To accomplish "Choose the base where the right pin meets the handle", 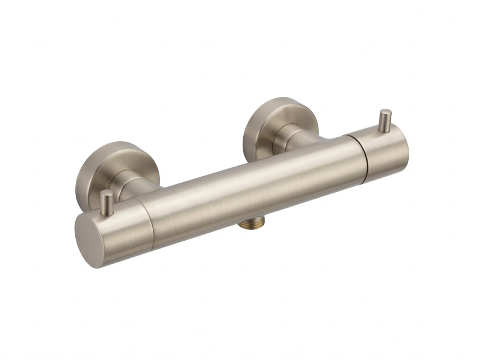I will (x=385, y=130).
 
